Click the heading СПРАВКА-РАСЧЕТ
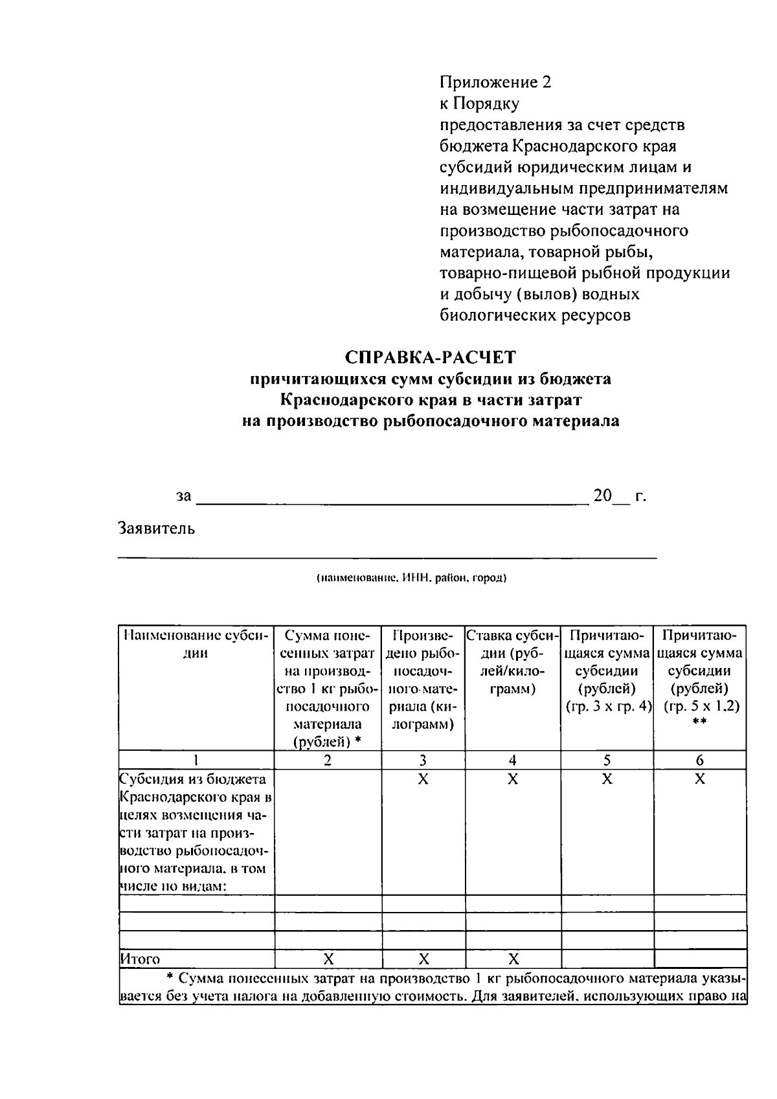[431, 357]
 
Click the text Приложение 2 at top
[495, 82]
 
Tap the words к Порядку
[479, 104]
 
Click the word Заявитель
[156, 529]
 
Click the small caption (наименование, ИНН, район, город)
[411, 577]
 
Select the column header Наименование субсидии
[196, 644]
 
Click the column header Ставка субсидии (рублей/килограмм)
[512, 661]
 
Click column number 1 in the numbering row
[196, 760]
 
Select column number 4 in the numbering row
[512, 760]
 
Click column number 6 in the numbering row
[699, 760]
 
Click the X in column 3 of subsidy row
[423, 779]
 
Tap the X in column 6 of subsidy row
[699, 779]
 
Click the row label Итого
[141, 959]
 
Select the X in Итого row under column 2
[328, 959]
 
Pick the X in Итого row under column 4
[512, 959]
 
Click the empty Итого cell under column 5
[607, 959]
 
